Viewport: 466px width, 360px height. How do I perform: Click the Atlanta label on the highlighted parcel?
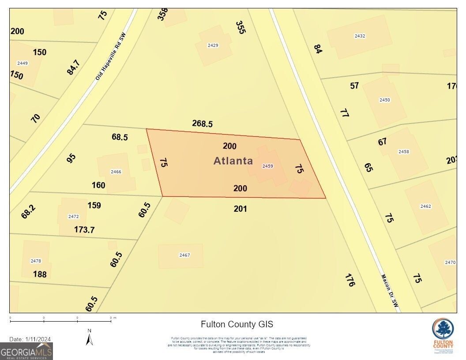coord(233,161)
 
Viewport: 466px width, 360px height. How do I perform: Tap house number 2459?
coord(268,166)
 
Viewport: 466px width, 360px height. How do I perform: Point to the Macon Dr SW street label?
coord(390,291)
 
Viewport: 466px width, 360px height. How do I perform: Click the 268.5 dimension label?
coord(202,124)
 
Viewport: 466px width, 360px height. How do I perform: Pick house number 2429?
coord(213,45)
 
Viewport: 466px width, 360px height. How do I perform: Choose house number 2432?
coord(360,36)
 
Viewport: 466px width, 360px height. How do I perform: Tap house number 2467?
coord(184,255)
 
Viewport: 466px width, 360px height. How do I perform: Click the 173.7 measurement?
coord(84,229)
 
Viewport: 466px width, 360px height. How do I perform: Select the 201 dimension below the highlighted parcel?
coord(240,209)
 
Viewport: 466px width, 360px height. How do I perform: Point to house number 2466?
coord(116,172)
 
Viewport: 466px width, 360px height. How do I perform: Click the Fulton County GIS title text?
coord(237,324)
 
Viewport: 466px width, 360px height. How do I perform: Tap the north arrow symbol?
coord(90,337)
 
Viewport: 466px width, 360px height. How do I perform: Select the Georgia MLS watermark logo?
coord(26,352)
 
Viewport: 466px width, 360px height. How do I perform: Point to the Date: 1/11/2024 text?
coord(30,339)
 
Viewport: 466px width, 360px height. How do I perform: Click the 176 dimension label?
coord(350,280)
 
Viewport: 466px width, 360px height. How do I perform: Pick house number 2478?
coord(36,261)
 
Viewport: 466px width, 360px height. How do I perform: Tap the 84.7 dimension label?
coord(74,67)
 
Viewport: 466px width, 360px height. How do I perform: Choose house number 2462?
coord(426,206)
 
